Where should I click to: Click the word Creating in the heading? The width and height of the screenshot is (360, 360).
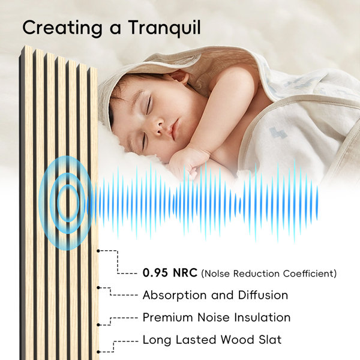[x=62, y=28]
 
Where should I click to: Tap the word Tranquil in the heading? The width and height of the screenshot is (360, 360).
[x=164, y=28]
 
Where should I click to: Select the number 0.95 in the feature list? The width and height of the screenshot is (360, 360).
[x=155, y=273]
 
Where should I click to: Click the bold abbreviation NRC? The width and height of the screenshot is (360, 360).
[x=185, y=273]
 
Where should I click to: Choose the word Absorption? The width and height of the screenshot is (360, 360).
[x=175, y=295]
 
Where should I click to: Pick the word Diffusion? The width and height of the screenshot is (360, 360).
[x=263, y=295]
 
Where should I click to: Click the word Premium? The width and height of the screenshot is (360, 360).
[x=168, y=317]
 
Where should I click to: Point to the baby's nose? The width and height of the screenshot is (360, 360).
[x=160, y=129]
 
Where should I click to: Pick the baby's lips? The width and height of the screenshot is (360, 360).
[x=174, y=128]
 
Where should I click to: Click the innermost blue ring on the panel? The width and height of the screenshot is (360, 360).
[x=68, y=203]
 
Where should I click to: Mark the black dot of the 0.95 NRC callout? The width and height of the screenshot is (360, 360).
[x=98, y=251]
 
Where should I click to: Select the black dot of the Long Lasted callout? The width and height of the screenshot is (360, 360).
[x=98, y=352]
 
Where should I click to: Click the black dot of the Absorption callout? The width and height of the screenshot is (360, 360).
[x=98, y=287]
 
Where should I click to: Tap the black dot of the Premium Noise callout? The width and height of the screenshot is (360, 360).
[x=98, y=325]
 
